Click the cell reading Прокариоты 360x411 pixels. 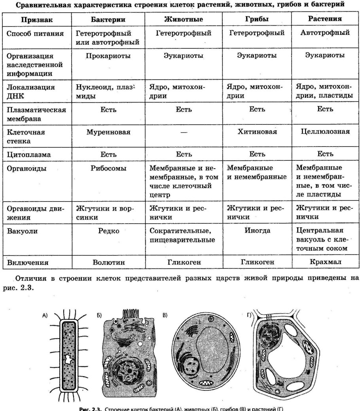click(108, 56)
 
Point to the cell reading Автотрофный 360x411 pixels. click(325, 33)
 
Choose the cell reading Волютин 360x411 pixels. click(108, 262)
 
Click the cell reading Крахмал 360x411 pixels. click(325, 262)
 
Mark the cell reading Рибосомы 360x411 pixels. click(108, 168)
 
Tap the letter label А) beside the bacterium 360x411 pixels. click(45, 316)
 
